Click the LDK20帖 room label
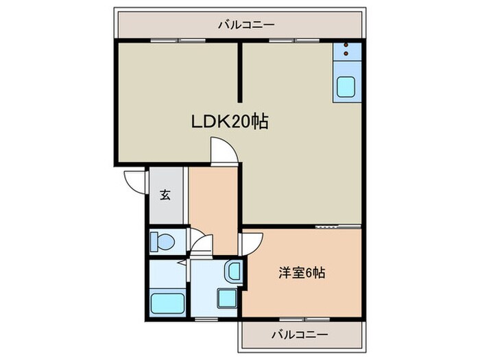(229, 122)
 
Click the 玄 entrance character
(165, 195)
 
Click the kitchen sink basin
(345, 87)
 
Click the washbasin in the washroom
(234, 271)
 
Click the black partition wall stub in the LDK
(240, 73)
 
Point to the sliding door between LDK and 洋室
(327, 226)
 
